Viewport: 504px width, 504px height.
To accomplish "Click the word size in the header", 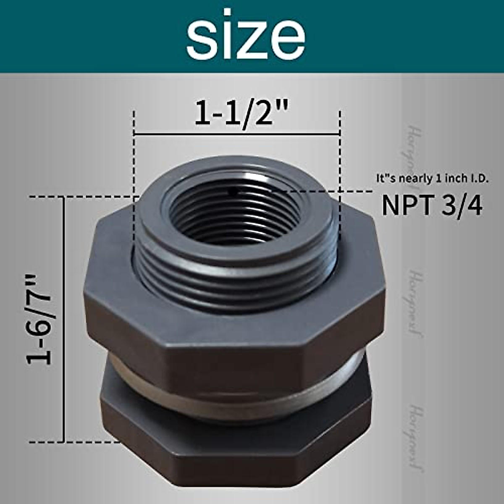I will pyautogui.click(x=246, y=37).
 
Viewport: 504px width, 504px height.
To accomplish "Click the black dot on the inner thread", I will pyautogui.click(x=232, y=192).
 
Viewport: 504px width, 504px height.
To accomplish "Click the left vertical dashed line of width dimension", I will pyautogui.click(x=134, y=168).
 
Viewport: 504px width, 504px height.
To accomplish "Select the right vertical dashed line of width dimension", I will pyautogui.click(x=339, y=168).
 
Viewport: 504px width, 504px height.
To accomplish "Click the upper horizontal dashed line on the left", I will pyautogui.click(x=84, y=196).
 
